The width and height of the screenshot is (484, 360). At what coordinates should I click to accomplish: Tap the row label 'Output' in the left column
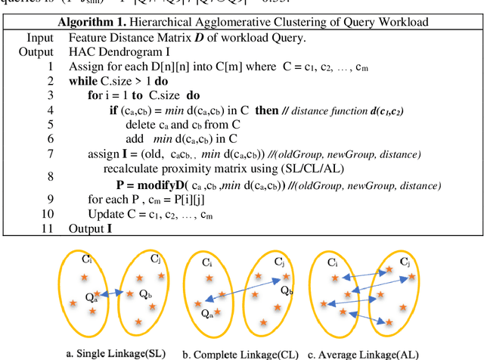[36, 51]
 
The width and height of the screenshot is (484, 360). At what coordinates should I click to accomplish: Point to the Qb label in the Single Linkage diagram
[144, 293]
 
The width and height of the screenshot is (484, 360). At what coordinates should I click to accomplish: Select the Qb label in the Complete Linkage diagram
[287, 289]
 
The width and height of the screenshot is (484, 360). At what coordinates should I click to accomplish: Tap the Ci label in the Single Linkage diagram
[88, 259]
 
